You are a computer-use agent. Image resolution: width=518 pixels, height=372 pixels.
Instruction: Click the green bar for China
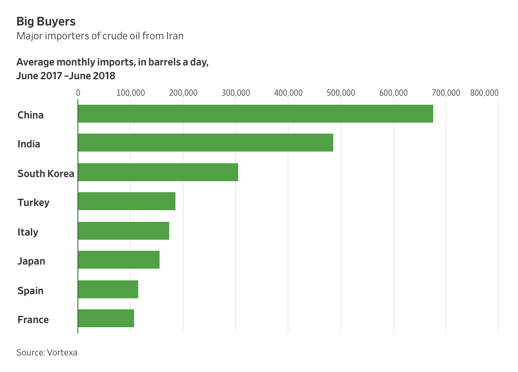(x=255, y=114)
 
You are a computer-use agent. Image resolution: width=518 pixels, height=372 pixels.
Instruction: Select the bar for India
(x=205, y=143)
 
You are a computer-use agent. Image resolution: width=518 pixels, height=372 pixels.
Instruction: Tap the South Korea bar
(x=158, y=172)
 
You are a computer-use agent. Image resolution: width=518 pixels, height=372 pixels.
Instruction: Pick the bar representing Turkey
(x=126, y=201)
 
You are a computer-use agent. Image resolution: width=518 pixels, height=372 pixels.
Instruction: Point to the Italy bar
(x=123, y=231)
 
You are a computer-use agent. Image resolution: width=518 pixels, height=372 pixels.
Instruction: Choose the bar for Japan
(x=119, y=260)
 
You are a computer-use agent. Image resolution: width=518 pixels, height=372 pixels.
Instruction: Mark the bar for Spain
(x=108, y=289)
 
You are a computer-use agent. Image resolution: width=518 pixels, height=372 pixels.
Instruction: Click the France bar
(x=106, y=318)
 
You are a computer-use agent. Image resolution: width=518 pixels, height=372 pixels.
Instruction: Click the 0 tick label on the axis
(x=78, y=93)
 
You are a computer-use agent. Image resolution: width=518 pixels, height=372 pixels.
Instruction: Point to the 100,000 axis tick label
(x=131, y=93)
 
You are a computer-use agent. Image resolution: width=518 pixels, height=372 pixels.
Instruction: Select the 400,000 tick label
(x=288, y=93)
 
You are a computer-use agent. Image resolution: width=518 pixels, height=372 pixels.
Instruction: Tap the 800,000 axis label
(x=484, y=93)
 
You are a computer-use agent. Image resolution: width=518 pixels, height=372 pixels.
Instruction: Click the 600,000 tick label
(x=394, y=93)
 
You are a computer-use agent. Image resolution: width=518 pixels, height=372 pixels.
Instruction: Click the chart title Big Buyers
(x=46, y=21)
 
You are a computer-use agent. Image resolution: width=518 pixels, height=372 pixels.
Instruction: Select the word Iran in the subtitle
(x=175, y=36)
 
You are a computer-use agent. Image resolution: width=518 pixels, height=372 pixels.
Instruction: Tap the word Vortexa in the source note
(x=62, y=352)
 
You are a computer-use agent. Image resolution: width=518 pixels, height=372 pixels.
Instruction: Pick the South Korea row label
(x=46, y=173)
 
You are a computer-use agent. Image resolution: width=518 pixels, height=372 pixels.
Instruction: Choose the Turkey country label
(x=33, y=202)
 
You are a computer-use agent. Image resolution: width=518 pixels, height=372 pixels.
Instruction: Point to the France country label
(x=33, y=320)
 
